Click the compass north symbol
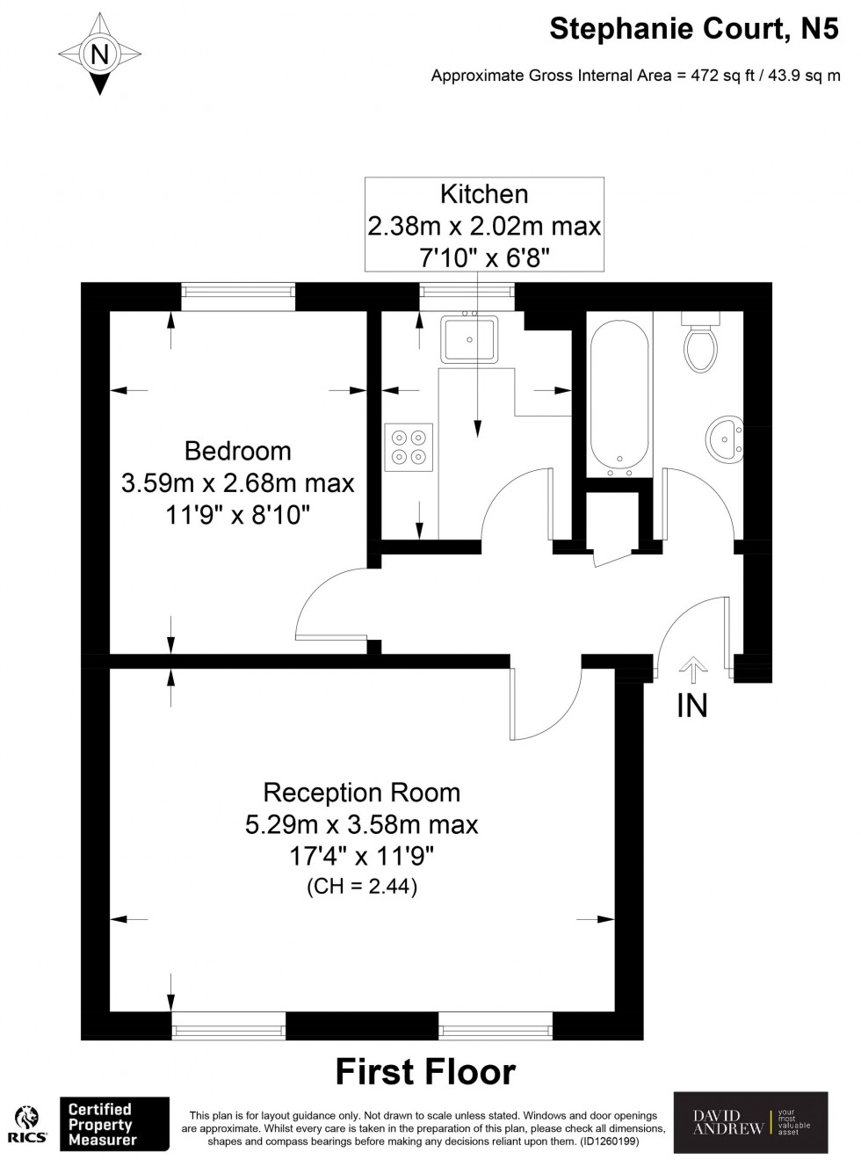coord(99,54)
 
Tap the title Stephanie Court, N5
coord(693,29)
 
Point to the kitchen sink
coord(469,339)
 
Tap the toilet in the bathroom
coord(700,345)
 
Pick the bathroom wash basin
coord(724,439)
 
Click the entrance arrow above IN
coord(693,670)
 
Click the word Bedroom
coord(237,451)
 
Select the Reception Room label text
coord(361,793)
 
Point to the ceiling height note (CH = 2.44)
coord(361,886)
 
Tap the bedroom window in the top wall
coord(238,296)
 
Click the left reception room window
coord(228,1025)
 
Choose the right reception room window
coord(496,1025)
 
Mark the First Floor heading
coord(425,1072)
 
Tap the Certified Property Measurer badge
coord(113,1124)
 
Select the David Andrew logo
coord(750,1123)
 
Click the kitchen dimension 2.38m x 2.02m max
coord(484,227)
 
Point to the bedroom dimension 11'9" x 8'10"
coord(237,514)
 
